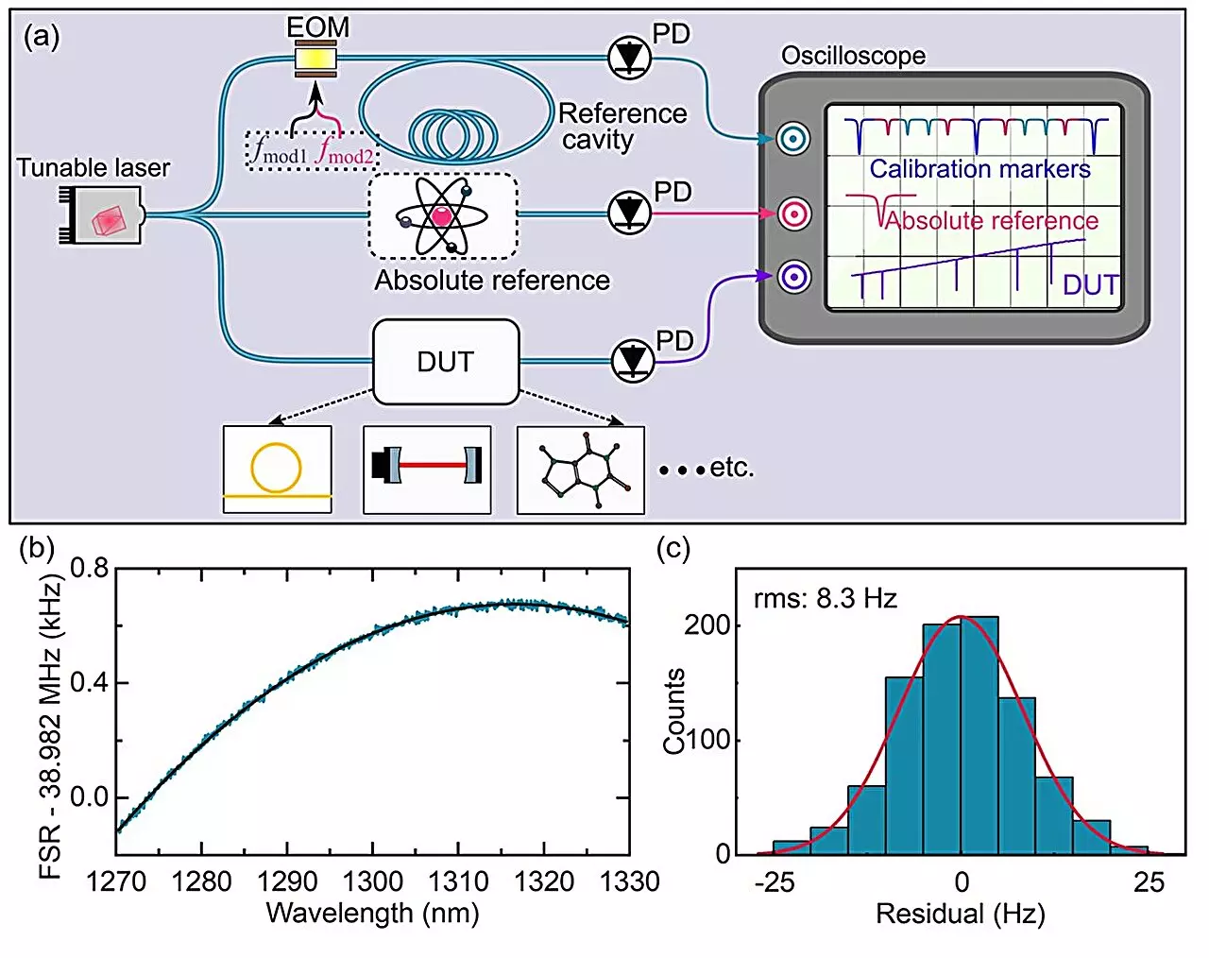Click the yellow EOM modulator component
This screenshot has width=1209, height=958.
click(315, 60)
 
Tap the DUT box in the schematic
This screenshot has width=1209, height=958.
click(446, 362)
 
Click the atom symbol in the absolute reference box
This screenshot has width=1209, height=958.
click(442, 216)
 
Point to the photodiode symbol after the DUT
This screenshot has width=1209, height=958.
click(632, 360)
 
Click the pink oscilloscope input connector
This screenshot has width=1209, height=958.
click(794, 214)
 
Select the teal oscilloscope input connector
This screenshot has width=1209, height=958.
click(794, 140)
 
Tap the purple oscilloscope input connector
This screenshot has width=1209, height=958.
click(794, 278)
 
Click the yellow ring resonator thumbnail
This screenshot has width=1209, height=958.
click(277, 469)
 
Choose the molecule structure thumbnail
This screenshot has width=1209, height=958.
click(580, 470)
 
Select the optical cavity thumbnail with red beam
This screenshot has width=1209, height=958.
click(427, 469)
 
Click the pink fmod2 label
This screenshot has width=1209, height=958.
click(345, 151)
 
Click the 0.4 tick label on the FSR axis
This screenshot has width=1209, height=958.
click(89, 683)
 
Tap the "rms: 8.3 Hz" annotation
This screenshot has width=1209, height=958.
click(825, 599)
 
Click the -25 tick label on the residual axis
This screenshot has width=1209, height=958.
click(775, 882)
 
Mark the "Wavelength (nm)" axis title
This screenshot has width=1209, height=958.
click(372, 914)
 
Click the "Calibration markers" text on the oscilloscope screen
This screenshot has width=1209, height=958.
click(979, 169)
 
